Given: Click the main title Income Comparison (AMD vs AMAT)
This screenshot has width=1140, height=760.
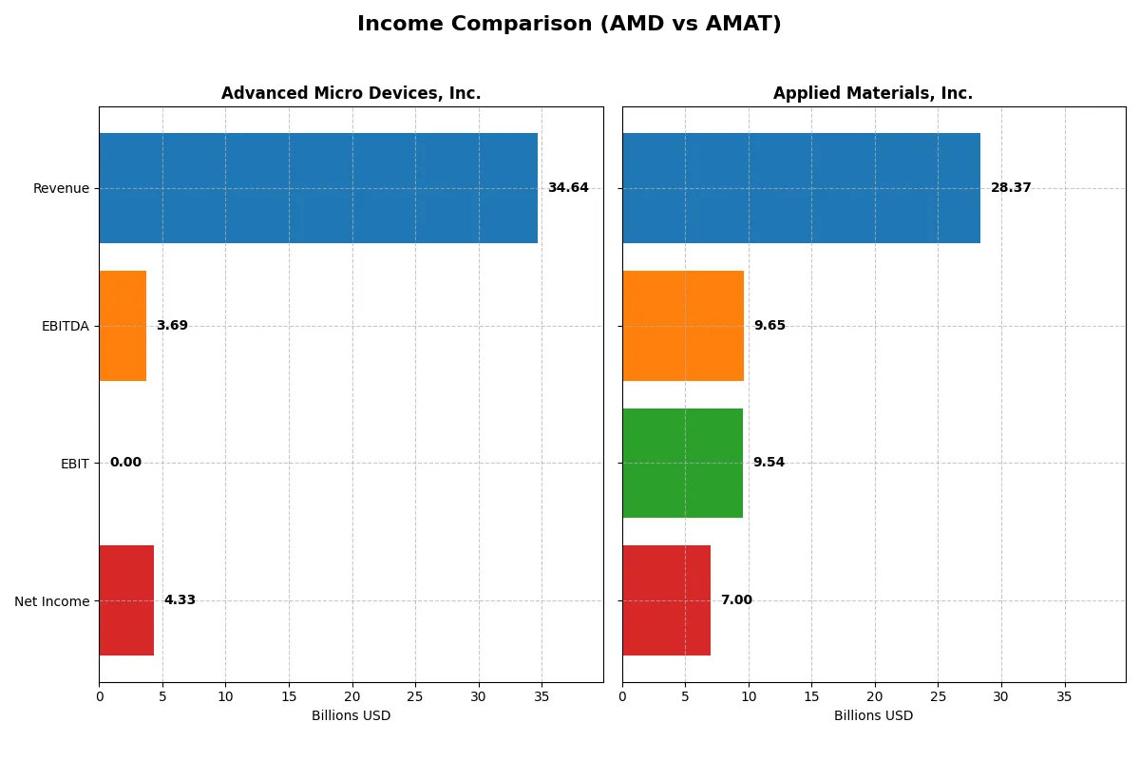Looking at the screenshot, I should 569,25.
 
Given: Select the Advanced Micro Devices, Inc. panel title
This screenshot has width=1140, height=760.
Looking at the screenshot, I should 351,93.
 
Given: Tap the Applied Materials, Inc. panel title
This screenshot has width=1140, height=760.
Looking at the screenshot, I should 872,93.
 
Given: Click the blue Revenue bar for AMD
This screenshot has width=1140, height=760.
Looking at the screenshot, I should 318,188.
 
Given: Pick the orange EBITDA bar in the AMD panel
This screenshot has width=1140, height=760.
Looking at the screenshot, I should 123,326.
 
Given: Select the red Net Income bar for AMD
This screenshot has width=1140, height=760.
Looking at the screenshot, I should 126,600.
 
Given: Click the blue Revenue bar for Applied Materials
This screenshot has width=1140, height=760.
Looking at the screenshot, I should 801,188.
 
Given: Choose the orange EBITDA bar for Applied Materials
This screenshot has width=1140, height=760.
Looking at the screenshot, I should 683,326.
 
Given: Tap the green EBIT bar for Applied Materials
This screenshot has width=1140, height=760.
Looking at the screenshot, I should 682,463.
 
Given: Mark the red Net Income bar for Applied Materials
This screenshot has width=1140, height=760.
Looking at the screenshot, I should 666,600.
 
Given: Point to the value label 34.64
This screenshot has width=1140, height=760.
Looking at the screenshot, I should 568,188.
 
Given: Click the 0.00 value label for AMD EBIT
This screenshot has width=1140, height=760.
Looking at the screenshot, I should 125,463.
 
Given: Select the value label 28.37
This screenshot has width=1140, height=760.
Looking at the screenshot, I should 1011,188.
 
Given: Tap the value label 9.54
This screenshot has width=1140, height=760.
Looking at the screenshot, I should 769,463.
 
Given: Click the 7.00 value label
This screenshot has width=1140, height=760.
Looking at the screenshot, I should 736,600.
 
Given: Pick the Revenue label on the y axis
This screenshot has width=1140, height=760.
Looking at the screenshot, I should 61,188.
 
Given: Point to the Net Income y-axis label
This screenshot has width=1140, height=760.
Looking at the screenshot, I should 51,600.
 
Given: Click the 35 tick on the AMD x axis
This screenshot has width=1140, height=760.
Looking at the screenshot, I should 541,696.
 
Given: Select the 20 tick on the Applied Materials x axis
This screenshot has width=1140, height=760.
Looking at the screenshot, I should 875,696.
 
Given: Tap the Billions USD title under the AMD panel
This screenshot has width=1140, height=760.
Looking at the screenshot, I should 351,715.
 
